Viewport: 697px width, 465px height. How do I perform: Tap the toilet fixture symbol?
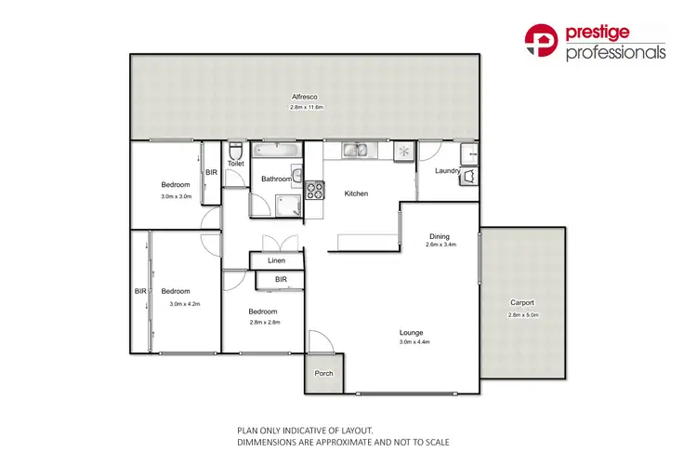pyautogui.click(x=235, y=151)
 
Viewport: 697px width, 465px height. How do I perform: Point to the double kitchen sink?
pyautogui.click(x=354, y=150)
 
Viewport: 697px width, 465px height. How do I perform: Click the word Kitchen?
pyautogui.click(x=357, y=193)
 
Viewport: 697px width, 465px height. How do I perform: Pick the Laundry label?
pyautogui.click(x=447, y=171)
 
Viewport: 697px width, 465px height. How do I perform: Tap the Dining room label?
pyautogui.click(x=439, y=235)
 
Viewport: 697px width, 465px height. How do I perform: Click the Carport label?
pyautogui.click(x=522, y=303)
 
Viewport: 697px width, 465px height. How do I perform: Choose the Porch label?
pyautogui.click(x=323, y=374)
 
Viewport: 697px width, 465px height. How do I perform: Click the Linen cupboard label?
pyautogui.click(x=277, y=261)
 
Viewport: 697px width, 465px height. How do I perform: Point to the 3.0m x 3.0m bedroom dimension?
pyautogui.click(x=176, y=195)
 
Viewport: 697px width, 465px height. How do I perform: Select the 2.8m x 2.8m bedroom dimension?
pyautogui.click(x=264, y=322)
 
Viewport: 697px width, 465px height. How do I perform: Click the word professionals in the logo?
pyautogui.click(x=615, y=53)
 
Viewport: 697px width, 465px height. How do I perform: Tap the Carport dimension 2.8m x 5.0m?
pyautogui.click(x=522, y=314)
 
